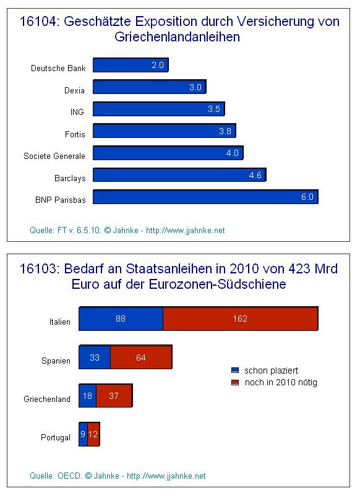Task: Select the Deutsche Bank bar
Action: (130, 65)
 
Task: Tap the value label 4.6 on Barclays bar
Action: (255, 175)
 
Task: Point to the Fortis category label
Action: (75, 134)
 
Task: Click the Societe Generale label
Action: (54, 156)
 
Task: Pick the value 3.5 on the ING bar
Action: (214, 109)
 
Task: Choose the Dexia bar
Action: (148, 87)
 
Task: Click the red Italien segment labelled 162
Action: (240, 319)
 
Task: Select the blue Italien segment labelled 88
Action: (121, 319)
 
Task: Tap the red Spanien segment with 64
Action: (140, 358)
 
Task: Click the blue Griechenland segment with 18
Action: (87, 396)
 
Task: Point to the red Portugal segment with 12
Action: (93, 435)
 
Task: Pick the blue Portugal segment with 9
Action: (83, 435)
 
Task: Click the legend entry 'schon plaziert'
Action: (271, 370)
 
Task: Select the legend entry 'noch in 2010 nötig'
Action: (280, 382)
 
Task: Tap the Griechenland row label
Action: (47, 399)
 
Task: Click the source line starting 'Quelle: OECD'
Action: (118, 476)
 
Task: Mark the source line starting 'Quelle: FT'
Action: (127, 230)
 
